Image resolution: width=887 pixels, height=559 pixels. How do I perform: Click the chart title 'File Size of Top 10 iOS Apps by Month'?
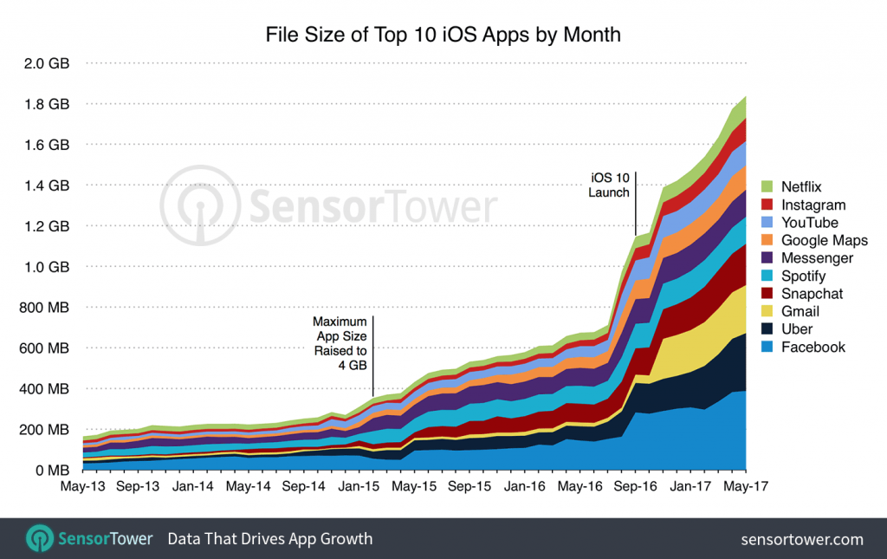[443, 36]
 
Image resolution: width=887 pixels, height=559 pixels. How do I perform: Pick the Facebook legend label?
[813, 347]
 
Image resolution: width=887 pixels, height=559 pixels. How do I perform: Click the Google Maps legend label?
[824, 240]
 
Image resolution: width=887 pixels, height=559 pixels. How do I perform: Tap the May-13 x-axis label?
[83, 487]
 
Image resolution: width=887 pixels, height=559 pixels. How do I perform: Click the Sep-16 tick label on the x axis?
[635, 487]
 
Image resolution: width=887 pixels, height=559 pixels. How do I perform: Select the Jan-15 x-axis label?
[359, 487]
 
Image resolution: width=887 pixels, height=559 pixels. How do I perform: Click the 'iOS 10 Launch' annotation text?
[609, 185]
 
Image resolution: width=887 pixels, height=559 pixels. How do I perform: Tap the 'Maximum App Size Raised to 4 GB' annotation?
[340, 342]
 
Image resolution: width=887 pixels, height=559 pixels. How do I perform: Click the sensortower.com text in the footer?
[802, 539]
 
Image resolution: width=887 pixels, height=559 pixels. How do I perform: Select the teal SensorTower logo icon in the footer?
[39, 538]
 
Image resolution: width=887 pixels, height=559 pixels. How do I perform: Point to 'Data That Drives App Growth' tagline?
[269, 539]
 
